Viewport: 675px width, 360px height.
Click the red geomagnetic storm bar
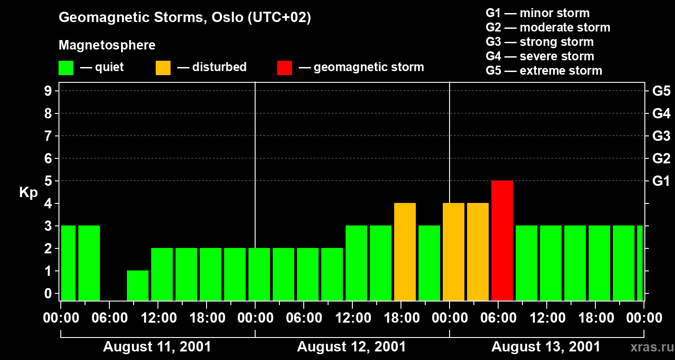[x=502, y=240]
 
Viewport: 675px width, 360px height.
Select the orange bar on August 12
[x=405, y=252]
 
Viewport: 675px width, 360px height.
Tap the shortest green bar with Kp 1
[x=138, y=285]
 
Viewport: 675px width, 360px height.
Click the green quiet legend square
[x=66, y=68]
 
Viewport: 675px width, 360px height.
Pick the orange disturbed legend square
[x=163, y=68]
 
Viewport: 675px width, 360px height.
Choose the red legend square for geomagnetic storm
[x=285, y=68]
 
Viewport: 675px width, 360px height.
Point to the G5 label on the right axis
[x=661, y=91]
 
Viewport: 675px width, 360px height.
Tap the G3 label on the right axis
[x=661, y=136]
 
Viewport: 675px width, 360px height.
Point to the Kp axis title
[x=28, y=193]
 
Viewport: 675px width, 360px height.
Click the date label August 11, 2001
[x=157, y=347]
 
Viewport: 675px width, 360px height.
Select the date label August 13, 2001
[x=545, y=347]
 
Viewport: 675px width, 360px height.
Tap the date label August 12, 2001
[x=351, y=347]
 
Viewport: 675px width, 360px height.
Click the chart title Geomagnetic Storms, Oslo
[x=185, y=18]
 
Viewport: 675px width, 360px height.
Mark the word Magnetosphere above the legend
[x=107, y=45]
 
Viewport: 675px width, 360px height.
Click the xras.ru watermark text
[x=649, y=347]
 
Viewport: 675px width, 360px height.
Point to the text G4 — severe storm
[x=540, y=56]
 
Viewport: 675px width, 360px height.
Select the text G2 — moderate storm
[x=548, y=27]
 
